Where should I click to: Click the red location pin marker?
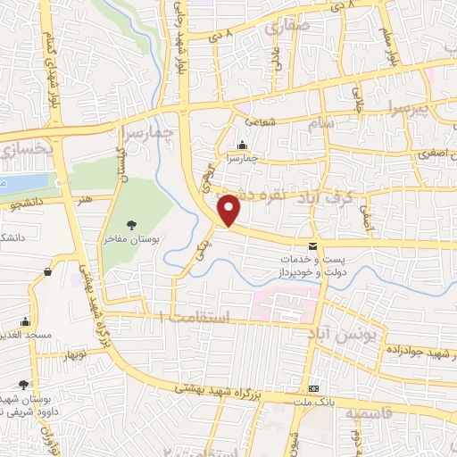click(230, 209)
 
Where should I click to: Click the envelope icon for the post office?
click(312, 245)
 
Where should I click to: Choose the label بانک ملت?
click(314, 403)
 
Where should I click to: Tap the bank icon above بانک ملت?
click(314, 389)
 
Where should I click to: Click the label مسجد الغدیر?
click(26, 337)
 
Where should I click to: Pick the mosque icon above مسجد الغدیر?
click(26, 322)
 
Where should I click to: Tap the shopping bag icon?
click(46, 271)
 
